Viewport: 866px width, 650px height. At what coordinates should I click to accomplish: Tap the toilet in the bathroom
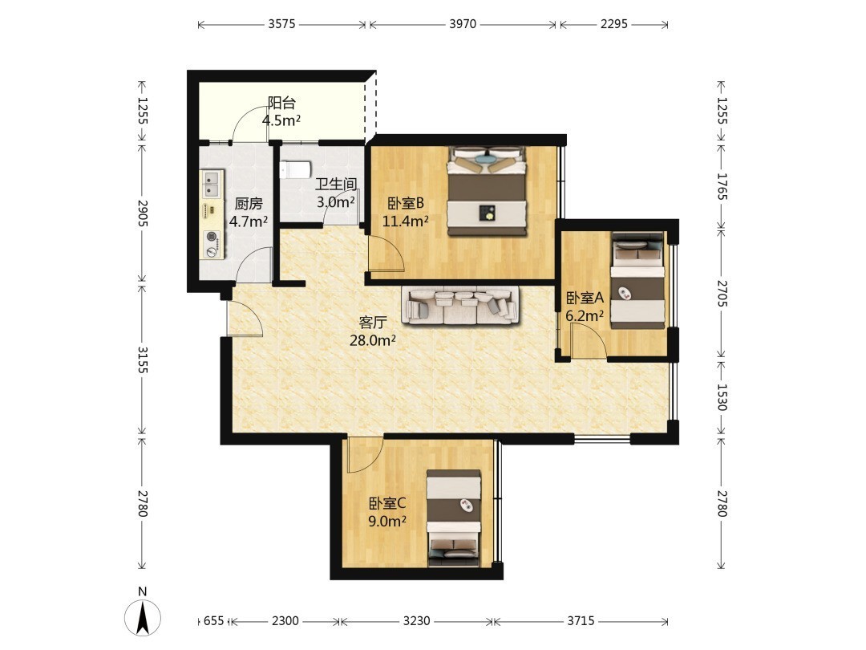295,169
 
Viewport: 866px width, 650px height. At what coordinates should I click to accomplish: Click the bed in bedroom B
486,191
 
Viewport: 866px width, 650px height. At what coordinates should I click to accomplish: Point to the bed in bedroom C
453,518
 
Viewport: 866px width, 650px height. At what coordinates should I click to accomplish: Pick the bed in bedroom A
637,281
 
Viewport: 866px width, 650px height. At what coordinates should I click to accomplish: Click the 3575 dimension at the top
281,24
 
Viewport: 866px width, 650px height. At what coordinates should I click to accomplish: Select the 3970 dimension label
463,24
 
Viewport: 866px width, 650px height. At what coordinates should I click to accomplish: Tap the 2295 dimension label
613,24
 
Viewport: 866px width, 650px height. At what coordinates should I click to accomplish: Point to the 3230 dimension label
416,621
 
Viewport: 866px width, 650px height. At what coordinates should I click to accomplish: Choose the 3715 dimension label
581,621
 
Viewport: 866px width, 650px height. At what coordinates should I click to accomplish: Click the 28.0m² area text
372,340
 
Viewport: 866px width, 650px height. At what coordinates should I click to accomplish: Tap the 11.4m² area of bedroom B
406,221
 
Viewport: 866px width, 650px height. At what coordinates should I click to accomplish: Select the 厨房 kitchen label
249,204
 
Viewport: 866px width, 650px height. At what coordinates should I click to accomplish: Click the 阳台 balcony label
281,103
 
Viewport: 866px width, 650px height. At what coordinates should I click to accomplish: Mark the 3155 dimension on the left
143,360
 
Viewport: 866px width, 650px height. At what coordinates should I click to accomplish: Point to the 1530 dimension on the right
722,397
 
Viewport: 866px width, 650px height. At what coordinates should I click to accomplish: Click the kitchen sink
212,184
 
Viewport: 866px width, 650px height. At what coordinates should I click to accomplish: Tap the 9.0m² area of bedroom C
388,522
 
